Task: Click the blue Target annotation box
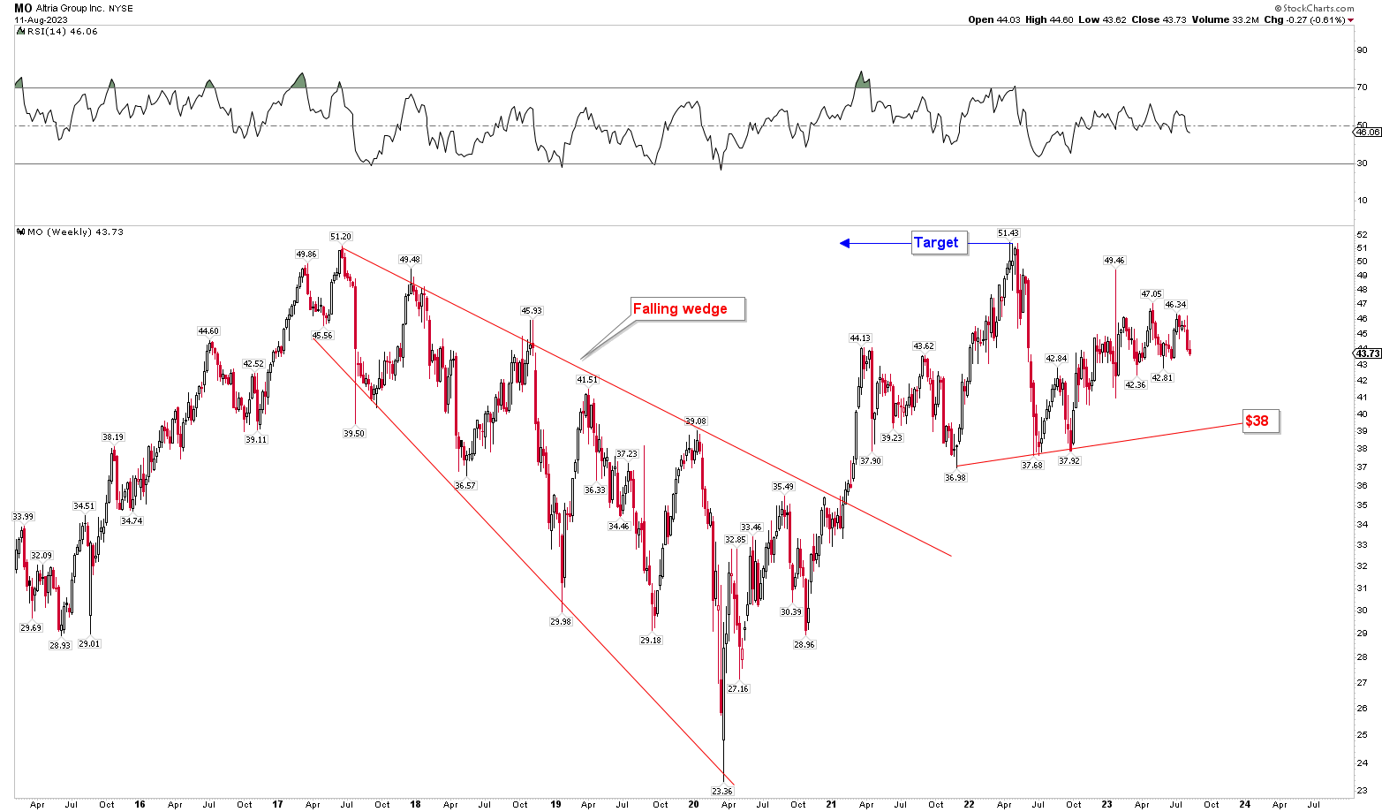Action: (935, 243)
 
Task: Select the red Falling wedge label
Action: (680, 308)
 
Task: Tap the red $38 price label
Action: (1257, 421)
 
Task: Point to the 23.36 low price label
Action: (722, 792)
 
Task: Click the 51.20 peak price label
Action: (341, 237)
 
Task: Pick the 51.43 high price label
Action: (1008, 233)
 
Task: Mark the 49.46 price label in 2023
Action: (1114, 261)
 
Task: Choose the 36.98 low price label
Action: (955, 477)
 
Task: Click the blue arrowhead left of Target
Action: (845, 243)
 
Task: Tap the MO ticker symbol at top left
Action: (23, 8)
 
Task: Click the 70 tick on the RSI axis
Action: (1361, 87)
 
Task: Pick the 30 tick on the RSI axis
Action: (1361, 163)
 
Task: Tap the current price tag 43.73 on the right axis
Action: (1366, 353)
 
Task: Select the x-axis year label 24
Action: (1244, 804)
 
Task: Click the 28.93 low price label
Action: (60, 645)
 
